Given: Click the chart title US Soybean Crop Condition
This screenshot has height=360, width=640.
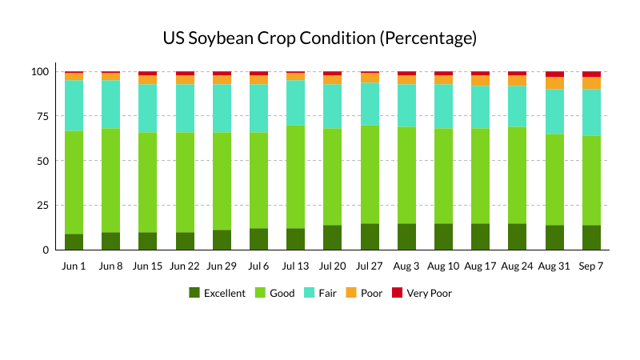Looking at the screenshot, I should (x=320, y=38).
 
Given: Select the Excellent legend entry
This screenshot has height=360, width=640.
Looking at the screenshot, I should (x=217, y=293).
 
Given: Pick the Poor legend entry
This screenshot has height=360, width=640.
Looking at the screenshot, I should (x=363, y=293).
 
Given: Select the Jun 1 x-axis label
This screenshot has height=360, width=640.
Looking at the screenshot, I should (x=74, y=266).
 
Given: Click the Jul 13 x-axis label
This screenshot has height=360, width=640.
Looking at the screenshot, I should (x=296, y=266).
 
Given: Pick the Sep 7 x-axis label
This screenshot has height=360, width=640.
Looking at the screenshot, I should (x=591, y=266).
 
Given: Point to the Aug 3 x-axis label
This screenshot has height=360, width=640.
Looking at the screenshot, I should (x=406, y=266).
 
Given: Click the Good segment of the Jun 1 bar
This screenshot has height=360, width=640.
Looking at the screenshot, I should (x=74, y=182).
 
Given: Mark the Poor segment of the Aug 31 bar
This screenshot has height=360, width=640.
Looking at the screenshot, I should (x=554, y=83).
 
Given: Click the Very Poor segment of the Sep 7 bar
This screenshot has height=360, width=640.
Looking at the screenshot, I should (x=591, y=74).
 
